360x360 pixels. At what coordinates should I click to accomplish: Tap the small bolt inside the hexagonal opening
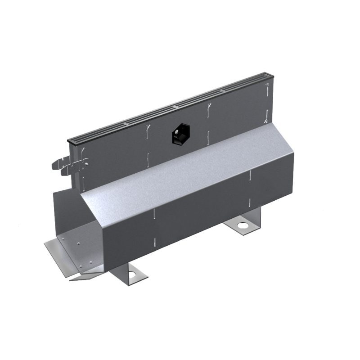(x=178, y=132)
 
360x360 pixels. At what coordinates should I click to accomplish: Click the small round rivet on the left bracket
(x=84, y=164)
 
